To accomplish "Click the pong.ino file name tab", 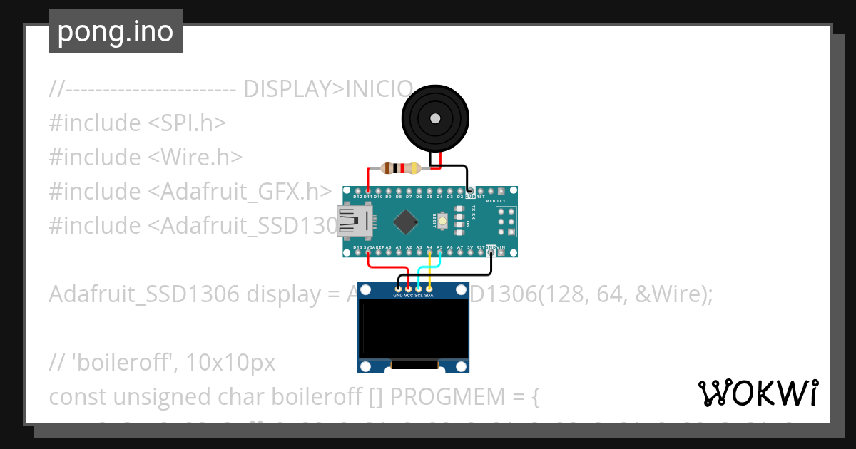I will (x=116, y=31).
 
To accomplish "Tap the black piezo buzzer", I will (x=436, y=118).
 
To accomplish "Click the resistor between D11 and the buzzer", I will (x=402, y=168).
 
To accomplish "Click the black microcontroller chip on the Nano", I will (x=405, y=222).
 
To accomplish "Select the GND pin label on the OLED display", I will (x=398, y=295).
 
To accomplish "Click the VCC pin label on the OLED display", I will (x=409, y=295).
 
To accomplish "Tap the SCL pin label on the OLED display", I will (x=419, y=295).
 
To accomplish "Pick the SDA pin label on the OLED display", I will (x=429, y=295).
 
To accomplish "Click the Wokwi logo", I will (x=758, y=393).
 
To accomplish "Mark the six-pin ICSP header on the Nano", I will (x=506, y=222).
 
